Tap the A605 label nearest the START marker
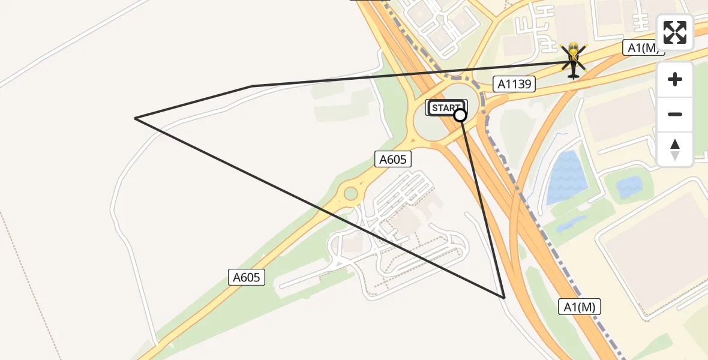[x=394, y=159]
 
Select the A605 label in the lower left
[x=247, y=277]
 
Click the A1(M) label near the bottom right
[x=580, y=307]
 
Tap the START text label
[x=445, y=108]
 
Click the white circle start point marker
[x=460, y=115]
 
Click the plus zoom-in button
[x=675, y=79]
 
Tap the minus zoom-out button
[x=675, y=114]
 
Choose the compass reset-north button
[x=675, y=149]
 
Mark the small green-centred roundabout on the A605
[x=349, y=194]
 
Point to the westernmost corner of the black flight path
[x=136, y=118]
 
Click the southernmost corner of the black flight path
[x=504, y=297]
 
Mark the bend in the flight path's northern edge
[x=252, y=86]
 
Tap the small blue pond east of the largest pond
[x=628, y=187]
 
